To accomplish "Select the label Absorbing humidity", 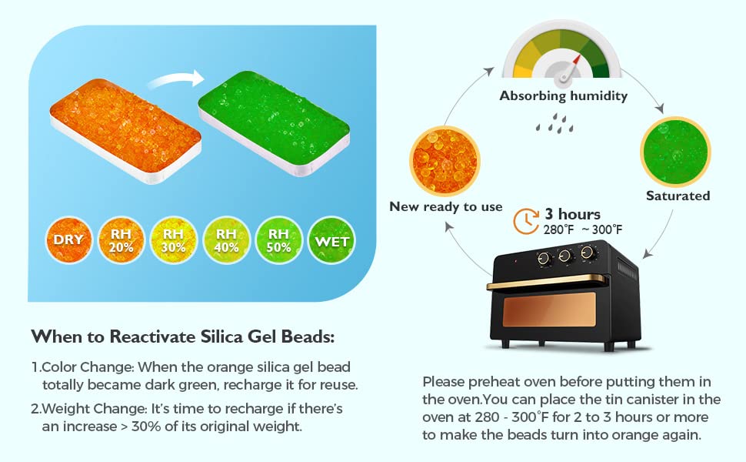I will pos(564,97).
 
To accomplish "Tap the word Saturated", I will pos(678,196).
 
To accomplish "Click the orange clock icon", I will pos(527,220).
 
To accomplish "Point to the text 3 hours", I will pos(573,214).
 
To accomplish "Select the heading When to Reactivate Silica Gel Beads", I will pos(183,337).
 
